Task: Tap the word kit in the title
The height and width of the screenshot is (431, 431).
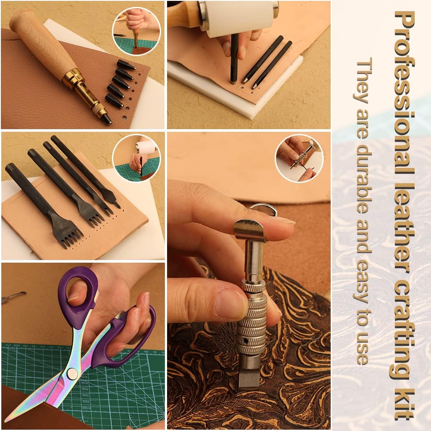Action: pyautogui.click(x=404, y=403)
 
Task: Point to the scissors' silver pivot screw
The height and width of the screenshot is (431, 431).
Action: pyautogui.click(x=72, y=373)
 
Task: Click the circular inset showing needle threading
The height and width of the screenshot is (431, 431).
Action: pyautogui.click(x=299, y=158)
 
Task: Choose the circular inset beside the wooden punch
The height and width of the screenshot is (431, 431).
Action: pyautogui.click(x=136, y=31)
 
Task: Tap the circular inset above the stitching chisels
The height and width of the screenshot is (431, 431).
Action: pyautogui.click(x=136, y=158)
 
